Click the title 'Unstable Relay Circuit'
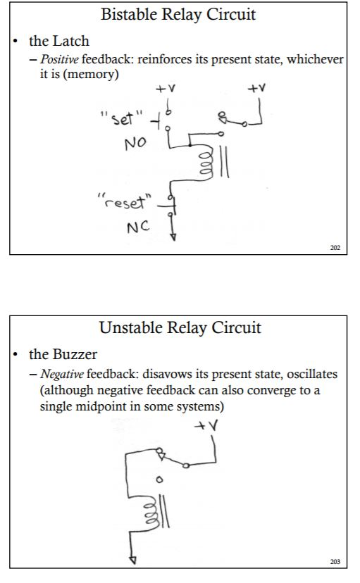click(x=180, y=327)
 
